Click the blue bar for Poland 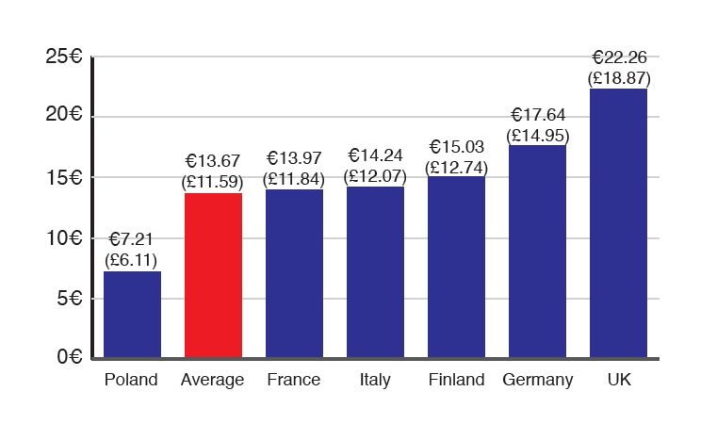(132, 315)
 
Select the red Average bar (213, 275)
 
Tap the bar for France (294, 273)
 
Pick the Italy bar (375, 272)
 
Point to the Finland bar (456, 267)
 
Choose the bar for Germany (537, 251)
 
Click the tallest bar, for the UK (618, 222)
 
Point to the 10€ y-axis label (64, 237)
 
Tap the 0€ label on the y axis (69, 358)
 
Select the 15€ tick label (64, 177)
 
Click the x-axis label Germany (537, 381)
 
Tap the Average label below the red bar (213, 381)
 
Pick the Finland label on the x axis (456, 381)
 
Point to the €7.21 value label (131, 240)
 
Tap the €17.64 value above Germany (537, 116)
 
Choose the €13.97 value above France (294, 157)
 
